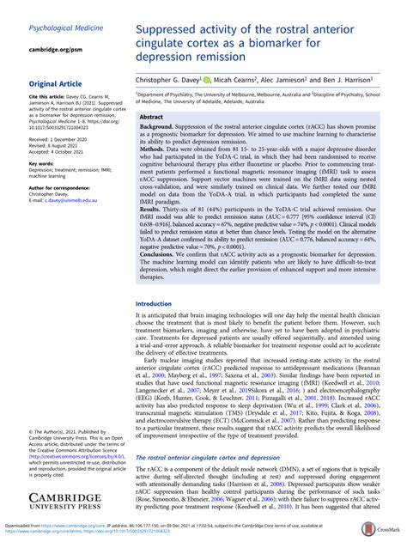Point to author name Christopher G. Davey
[x=168, y=78]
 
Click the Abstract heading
[x=152, y=116]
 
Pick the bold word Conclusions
[x=161, y=278]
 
